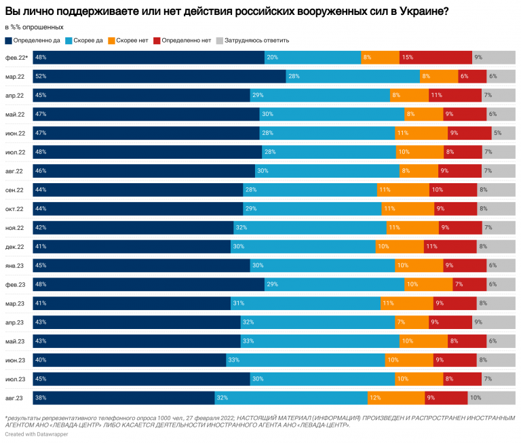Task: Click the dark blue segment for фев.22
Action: [148, 58]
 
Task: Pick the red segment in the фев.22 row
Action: [436, 58]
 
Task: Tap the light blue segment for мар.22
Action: [353, 77]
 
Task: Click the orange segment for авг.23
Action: [395, 398]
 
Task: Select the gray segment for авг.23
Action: [491, 398]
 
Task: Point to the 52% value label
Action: [41, 77]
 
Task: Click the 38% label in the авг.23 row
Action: [41, 398]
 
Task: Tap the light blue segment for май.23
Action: [320, 341]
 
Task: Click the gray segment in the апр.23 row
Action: [493, 322]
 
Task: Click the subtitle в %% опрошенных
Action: [34, 27]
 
